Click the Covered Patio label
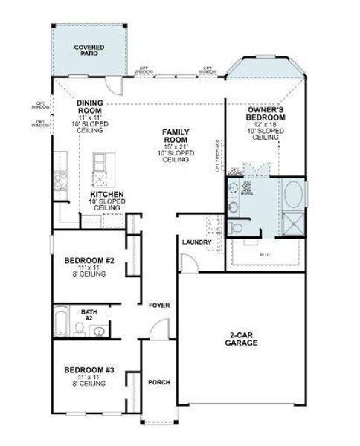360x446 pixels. coord(89,50)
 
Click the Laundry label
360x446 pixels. coord(196,242)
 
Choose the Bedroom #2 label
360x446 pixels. coord(88,261)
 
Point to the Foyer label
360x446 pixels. coord(158,306)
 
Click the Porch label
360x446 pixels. coord(158,382)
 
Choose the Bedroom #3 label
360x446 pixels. coord(88,369)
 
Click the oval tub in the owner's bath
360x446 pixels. coord(292,195)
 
